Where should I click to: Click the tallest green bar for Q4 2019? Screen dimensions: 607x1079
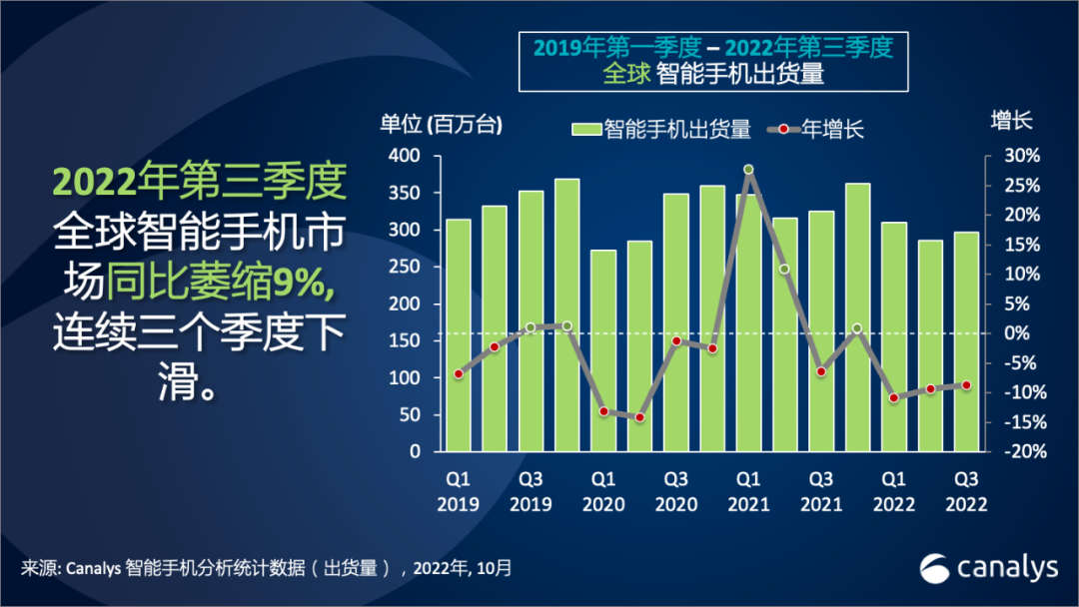pyautogui.click(x=566, y=314)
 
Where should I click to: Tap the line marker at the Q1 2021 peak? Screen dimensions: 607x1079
pyautogui.click(x=748, y=170)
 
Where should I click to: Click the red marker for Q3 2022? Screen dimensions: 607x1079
pyautogui.click(x=966, y=385)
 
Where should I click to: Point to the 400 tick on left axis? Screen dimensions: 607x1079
pyautogui.click(x=400, y=157)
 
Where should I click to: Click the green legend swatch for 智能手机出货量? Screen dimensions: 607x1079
pyautogui.click(x=585, y=128)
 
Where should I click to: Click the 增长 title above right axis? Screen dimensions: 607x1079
pyautogui.click(x=1010, y=121)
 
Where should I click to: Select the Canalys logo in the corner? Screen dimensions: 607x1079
pyautogui.click(x=988, y=567)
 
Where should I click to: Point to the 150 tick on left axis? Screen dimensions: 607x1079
pyautogui.click(x=400, y=341)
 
